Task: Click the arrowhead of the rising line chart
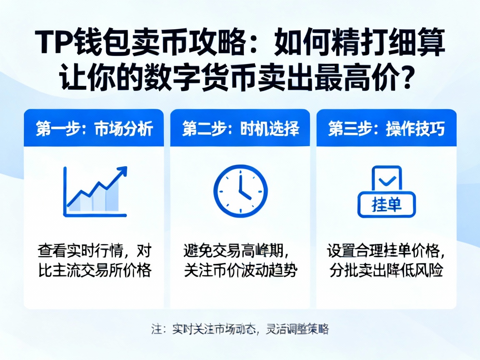click(122, 171)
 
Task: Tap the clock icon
click(240, 190)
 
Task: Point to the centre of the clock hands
click(240, 191)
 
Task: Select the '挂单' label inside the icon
click(386, 205)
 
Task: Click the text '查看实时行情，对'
click(94, 251)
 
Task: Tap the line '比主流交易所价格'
click(94, 271)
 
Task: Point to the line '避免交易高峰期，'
click(237, 251)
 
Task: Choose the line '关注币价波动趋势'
click(240, 271)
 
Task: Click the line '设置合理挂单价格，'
click(386, 251)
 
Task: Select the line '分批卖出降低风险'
click(386, 271)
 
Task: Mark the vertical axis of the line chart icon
click(65, 190)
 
